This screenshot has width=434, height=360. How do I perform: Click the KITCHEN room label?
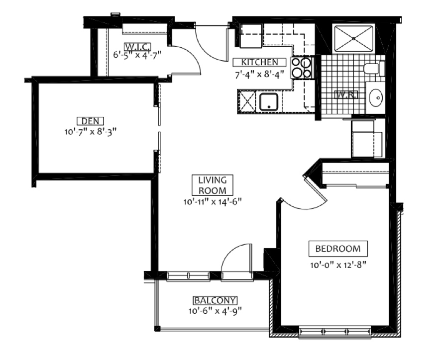[x=259, y=63]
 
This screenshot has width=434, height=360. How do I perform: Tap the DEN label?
[x=90, y=121]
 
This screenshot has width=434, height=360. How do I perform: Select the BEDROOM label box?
[x=338, y=249]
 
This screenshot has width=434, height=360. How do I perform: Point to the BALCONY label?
[x=215, y=300]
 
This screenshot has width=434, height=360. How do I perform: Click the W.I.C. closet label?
[x=137, y=46]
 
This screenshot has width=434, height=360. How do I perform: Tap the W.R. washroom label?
[x=346, y=95]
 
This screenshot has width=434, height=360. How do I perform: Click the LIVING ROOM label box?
[x=213, y=185]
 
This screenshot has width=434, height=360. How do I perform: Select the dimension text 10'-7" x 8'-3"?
[x=90, y=132]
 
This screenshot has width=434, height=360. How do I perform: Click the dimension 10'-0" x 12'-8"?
[x=338, y=265]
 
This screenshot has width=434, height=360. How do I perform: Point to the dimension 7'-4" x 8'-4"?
[x=259, y=75]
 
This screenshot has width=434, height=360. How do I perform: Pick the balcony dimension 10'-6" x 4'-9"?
[x=215, y=311]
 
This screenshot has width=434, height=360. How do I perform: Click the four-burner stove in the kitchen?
[x=302, y=68]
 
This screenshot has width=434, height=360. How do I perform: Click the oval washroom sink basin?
[x=376, y=97]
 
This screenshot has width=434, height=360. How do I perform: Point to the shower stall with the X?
[x=354, y=38]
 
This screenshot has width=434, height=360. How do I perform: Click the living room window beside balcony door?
[x=188, y=276]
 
